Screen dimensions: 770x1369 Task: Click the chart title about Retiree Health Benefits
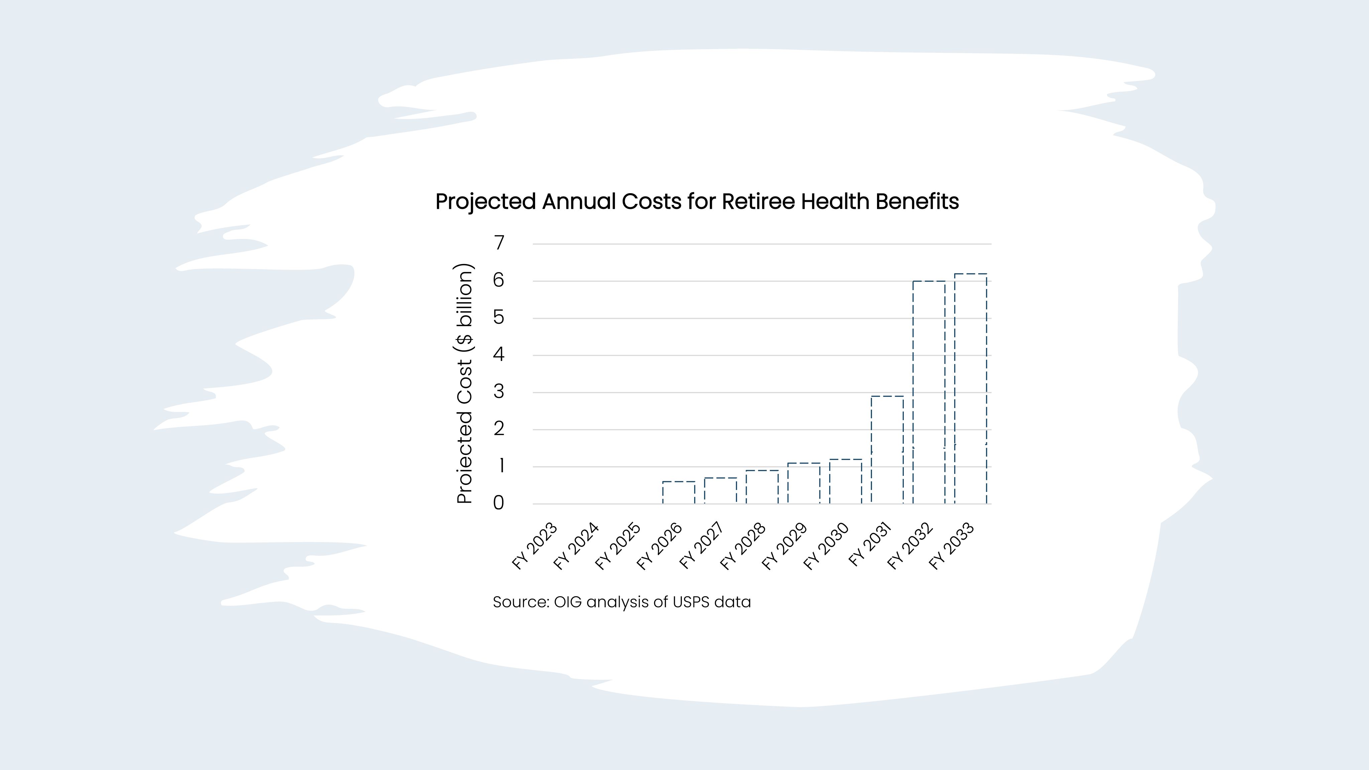tap(697, 202)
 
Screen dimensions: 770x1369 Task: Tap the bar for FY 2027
tap(720, 491)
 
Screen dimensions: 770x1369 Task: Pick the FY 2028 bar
tap(762, 487)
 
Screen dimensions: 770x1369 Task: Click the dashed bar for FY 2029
tap(803, 484)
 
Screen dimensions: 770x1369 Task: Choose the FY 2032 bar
tap(929, 392)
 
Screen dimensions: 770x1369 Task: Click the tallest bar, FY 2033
tap(970, 388)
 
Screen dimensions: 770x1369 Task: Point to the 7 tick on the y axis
tap(498, 243)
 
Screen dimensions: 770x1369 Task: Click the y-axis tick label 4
tap(498, 355)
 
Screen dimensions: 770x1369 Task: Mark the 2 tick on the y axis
tap(498, 429)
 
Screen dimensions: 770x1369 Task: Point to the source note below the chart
tap(621, 602)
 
